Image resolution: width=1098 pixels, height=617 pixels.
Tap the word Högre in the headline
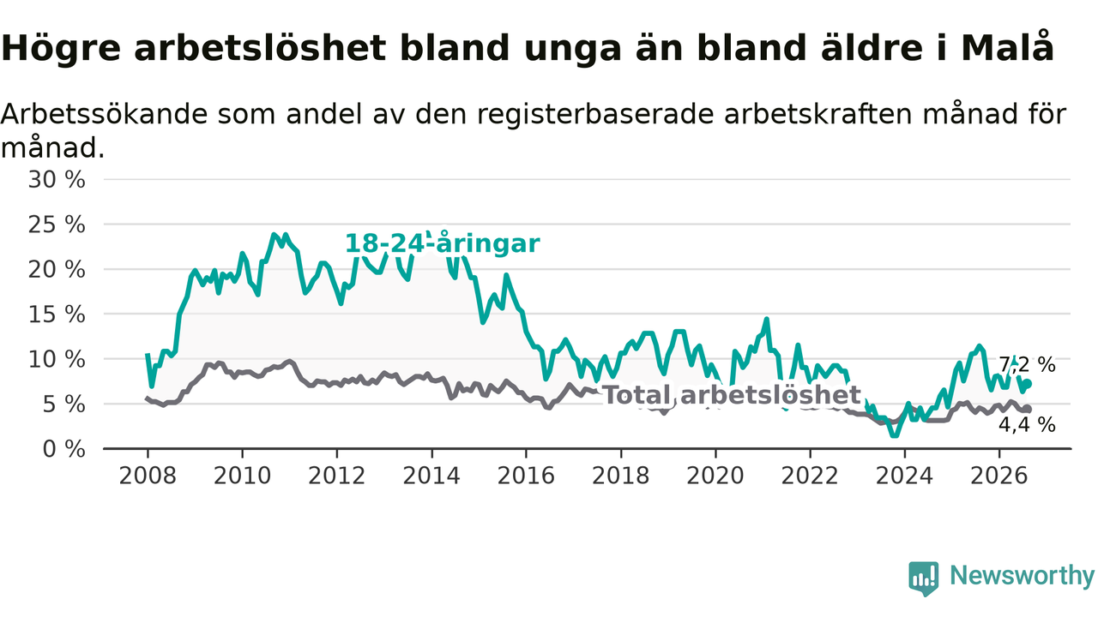click(x=61, y=49)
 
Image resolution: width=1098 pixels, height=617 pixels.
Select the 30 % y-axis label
click(x=57, y=180)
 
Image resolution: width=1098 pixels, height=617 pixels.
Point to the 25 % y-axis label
click(x=57, y=225)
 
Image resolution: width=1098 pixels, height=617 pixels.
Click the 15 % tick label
click(x=57, y=314)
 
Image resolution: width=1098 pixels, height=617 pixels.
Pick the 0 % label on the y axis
click(x=64, y=449)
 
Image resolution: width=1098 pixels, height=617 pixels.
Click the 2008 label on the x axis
click(x=148, y=476)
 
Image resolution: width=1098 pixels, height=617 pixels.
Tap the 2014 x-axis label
click(x=431, y=476)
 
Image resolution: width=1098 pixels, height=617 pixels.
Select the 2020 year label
click(x=715, y=476)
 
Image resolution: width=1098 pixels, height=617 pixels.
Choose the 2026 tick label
click(x=999, y=476)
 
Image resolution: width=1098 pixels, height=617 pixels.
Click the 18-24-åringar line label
click(x=443, y=243)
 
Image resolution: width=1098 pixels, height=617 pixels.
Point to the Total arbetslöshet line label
click(x=732, y=395)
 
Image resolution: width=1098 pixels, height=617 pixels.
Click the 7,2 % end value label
click(x=1027, y=365)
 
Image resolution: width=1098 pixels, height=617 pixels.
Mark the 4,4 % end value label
click(x=1027, y=424)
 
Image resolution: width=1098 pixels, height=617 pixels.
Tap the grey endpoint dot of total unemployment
click(x=1028, y=409)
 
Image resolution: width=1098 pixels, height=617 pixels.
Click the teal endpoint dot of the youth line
click(x=1028, y=383)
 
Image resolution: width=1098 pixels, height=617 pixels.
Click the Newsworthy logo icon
click(x=924, y=578)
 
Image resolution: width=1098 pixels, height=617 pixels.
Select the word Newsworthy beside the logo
click(x=1022, y=575)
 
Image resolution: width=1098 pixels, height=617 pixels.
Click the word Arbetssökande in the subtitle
click(x=104, y=114)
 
